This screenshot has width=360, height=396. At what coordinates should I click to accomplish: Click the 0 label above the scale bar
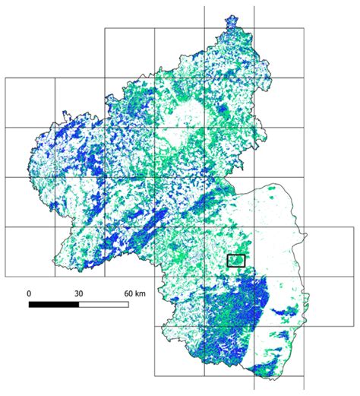click(29, 293)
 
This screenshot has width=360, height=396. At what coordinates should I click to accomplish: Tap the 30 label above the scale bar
click(78, 293)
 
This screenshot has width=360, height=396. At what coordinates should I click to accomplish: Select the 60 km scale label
click(134, 293)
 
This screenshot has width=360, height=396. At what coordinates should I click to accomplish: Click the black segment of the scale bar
click(53, 304)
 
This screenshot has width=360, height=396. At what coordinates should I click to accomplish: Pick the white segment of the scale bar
click(103, 304)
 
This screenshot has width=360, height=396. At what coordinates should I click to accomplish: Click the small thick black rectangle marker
click(236, 261)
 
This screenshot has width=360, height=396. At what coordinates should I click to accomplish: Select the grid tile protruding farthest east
click(328, 251)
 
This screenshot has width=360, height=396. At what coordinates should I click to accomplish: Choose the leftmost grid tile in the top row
click(129, 52)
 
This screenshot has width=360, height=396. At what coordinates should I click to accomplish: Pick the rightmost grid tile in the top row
click(278, 52)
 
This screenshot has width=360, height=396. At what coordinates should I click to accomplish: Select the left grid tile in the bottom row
click(179, 351)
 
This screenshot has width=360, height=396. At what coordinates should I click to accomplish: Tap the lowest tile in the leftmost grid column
click(30, 251)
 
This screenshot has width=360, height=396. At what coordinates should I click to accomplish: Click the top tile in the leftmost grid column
click(30, 102)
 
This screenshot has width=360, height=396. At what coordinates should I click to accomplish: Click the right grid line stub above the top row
click(254, 17)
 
